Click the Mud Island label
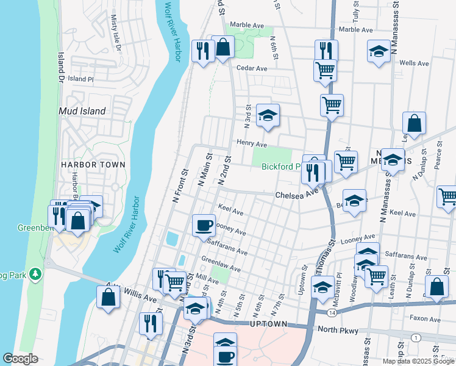click(82, 111)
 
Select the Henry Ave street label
click(252, 145)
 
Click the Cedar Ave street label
click(252, 68)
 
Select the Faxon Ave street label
click(425, 318)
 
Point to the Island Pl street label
click(80, 79)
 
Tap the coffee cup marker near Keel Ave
click(204, 224)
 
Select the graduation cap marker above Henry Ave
click(267, 115)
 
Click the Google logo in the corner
click(20, 359)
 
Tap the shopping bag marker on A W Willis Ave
click(108, 297)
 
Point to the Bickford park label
click(281, 167)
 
